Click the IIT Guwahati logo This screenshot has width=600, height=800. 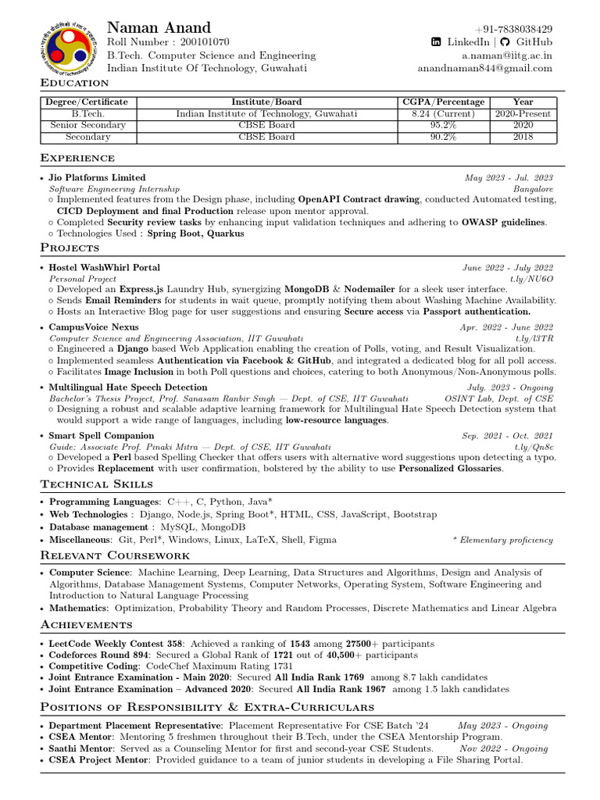click(x=68, y=52)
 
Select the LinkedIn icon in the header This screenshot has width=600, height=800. click(x=437, y=42)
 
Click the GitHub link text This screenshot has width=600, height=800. click(x=534, y=42)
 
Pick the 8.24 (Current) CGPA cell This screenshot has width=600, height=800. click(x=443, y=113)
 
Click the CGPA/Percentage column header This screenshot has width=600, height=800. click(x=443, y=102)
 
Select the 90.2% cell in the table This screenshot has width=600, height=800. click(x=443, y=137)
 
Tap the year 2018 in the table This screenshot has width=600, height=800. click(x=523, y=137)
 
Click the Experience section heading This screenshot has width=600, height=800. click(x=77, y=159)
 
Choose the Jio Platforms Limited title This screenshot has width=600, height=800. click(x=97, y=178)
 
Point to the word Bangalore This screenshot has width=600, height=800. click(x=533, y=189)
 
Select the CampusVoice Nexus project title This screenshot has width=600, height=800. click(x=94, y=327)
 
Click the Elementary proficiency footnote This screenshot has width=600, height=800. click(x=503, y=540)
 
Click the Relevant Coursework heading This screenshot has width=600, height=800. click(x=115, y=555)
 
